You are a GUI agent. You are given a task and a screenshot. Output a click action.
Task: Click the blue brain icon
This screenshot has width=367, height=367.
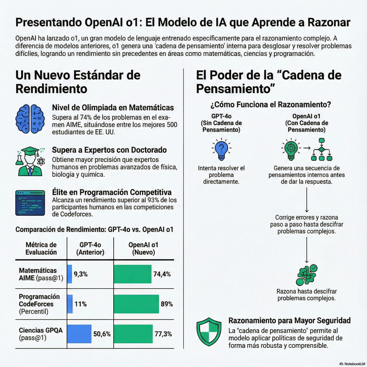tap(30, 119)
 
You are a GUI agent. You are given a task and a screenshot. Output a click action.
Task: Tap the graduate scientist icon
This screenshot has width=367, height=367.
tap(30, 161)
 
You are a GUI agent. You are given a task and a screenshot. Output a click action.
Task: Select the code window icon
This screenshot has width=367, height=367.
tap(30, 203)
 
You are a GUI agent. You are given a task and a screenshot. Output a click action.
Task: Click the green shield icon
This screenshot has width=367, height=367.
tap(209, 332)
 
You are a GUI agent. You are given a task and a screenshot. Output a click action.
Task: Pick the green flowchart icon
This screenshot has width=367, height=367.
tap(321, 149)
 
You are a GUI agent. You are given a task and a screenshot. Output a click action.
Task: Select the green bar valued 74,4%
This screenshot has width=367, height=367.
tap(132, 274)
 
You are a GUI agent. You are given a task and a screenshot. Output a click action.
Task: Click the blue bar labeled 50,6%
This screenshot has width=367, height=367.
tap(79, 334)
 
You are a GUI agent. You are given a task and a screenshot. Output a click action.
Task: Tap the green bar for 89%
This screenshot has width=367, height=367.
tap(136, 304)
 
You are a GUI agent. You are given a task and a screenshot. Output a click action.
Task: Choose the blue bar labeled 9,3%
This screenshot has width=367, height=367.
tap(69, 274)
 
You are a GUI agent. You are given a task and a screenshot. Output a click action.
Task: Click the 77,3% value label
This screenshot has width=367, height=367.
tap(163, 334)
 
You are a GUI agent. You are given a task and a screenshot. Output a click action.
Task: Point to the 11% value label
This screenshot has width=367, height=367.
tap(80, 304)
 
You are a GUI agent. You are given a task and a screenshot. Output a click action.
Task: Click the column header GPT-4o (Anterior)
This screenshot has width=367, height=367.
tap(90, 249)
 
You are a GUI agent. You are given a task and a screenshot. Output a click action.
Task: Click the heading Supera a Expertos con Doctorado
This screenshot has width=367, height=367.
tap(109, 150)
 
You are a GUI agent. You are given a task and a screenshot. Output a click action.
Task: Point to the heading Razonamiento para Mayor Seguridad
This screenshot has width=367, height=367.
tap(289, 320)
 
